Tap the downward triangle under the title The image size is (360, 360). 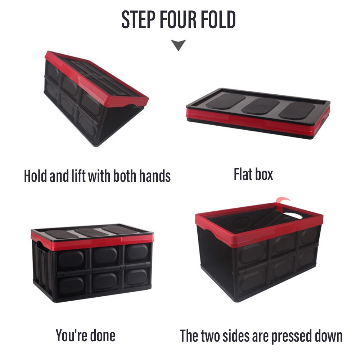[178, 45]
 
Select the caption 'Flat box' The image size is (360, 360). [253, 174]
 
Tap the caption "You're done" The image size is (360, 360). [86, 335]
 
